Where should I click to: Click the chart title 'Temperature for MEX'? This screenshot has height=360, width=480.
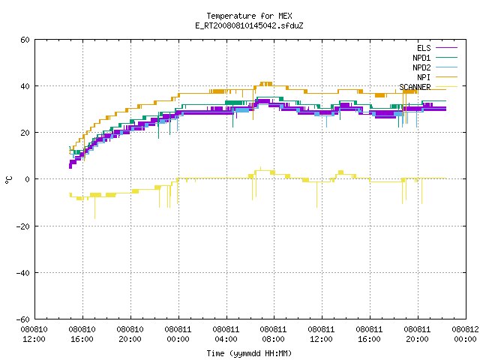tap(249, 16)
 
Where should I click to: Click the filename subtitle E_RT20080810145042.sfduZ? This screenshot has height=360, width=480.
tap(249, 25)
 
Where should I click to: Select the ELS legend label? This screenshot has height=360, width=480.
tap(424, 48)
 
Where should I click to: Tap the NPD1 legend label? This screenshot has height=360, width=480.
tap(421, 58)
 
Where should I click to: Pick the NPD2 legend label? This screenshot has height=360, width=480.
tap(421, 67)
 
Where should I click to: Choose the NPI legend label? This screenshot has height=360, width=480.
tap(424, 77)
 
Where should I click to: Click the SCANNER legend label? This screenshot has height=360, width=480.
tap(415, 87)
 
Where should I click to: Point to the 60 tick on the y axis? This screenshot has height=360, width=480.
tap(25, 40)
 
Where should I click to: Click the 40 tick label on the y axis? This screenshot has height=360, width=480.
tap(25, 86)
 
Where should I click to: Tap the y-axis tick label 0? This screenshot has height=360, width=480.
tap(27, 179)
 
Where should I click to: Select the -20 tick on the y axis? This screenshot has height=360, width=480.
tap(23, 226)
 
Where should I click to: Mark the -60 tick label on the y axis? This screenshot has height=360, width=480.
tap(23, 319)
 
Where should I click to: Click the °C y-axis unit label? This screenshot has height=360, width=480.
tap(8, 180)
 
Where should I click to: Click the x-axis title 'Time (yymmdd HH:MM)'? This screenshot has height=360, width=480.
tap(249, 353)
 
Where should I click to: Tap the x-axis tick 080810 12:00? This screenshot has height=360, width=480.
tap(34, 334)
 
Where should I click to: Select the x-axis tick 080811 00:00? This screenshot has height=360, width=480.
tap(178, 334)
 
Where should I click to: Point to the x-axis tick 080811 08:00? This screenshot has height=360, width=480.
tap(273, 334)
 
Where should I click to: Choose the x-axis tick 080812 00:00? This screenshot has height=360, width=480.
tap(465, 334)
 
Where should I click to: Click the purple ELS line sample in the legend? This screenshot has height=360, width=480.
tap(446, 48)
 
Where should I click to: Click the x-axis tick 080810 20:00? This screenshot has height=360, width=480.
tap(130, 334)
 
